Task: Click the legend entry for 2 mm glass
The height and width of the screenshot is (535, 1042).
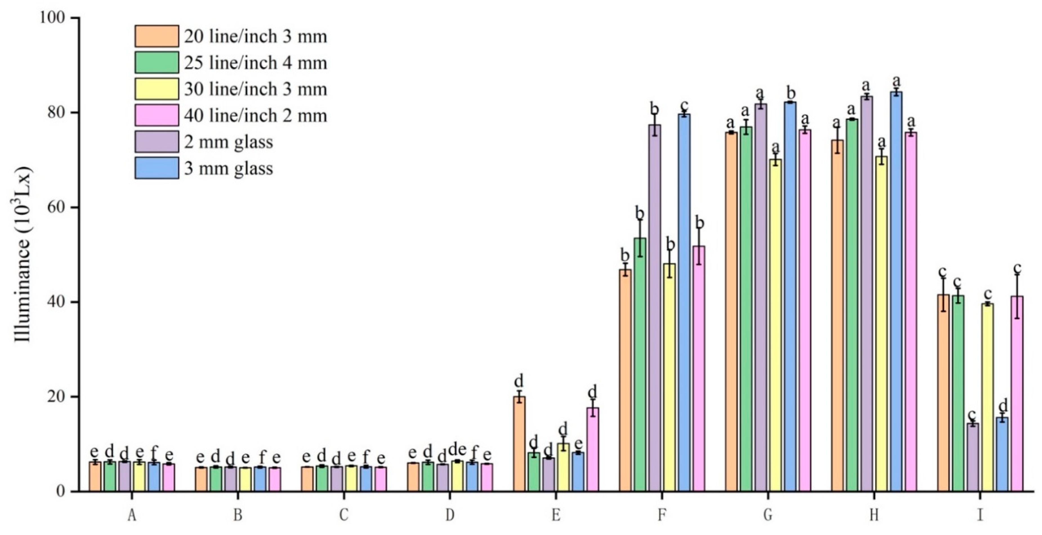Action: (x=229, y=142)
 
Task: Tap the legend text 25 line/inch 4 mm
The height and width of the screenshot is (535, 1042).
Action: (x=255, y=63)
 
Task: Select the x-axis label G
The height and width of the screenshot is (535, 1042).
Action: (x=768, y=515)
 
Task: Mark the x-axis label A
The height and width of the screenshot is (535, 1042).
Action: (x=132, y=515)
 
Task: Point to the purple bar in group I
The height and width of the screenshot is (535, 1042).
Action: (x=972, y=457)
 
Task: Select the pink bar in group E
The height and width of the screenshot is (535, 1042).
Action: (x=593, y=449)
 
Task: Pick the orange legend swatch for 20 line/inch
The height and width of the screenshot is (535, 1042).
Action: (x=157, y=36)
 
